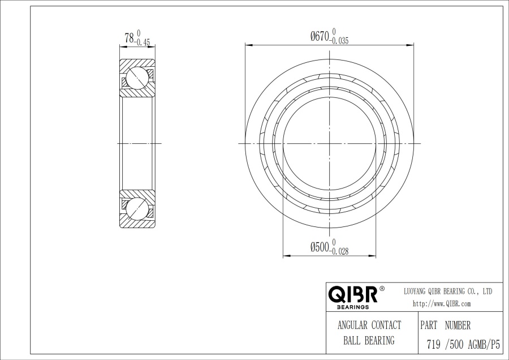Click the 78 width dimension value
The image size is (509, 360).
click(x=129, y=38)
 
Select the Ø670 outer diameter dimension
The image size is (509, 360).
click(x=320, y=36)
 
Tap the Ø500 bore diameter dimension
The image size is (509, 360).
click(x=320, y=247)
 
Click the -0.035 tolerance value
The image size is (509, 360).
click(x=339, y=41)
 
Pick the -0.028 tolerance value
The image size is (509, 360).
click(x=339, y=251)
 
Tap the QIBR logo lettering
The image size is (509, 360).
click(x=353, y=294)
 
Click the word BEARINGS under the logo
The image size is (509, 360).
click(x=353, y=307)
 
